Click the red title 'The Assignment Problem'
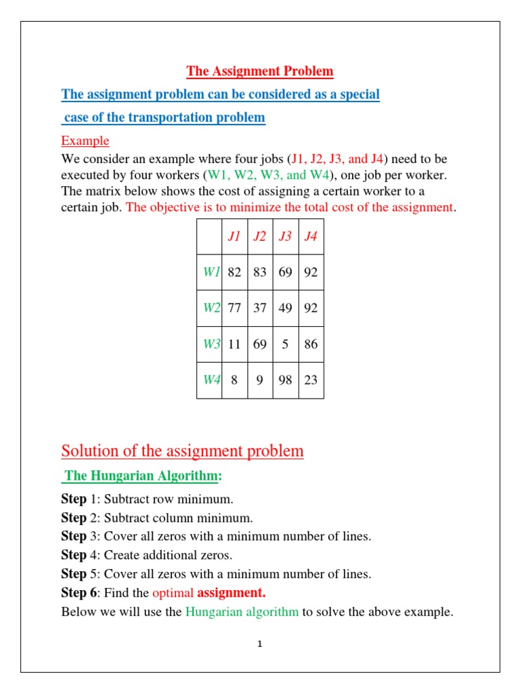click(260, 71)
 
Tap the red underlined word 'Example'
click(85, 141)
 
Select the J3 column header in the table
click(285, 237)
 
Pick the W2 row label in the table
click(212, 308)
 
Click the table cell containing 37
click(260, 308)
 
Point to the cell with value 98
click(285, 380)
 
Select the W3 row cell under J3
click(285, 344)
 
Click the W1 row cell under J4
click(311, 272)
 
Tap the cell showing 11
click(234, 344)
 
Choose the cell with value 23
click(311, 380)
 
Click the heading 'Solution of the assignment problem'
click(182, 451)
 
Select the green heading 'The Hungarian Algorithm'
click(142, 476)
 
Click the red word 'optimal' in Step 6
click(173, 593)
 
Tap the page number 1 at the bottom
click(259, 644)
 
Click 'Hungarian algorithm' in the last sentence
click(242, 612)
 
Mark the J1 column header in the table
click(234, 237)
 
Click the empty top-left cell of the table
click(209, 237)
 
